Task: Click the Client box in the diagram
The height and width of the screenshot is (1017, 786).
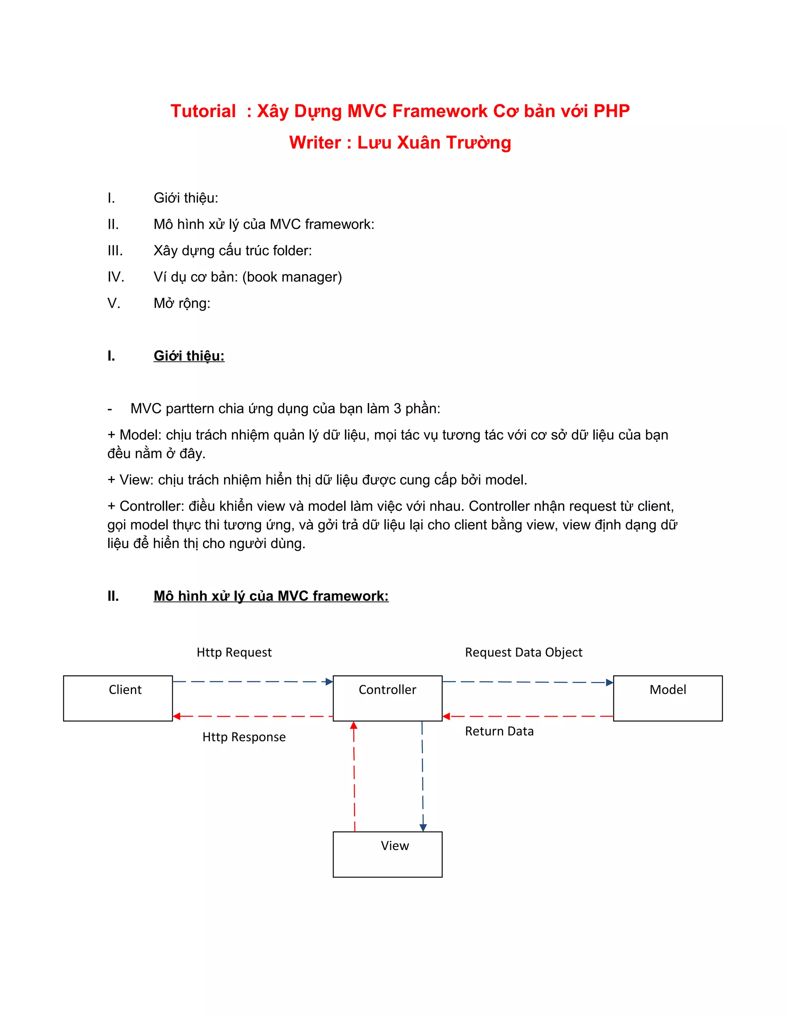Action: [x=118, y=698]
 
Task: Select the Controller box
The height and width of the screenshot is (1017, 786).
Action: [x=387, y=698]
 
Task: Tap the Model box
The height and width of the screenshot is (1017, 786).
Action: [x=668, y=698]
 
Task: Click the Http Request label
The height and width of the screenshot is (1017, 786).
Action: [x=234, y=652]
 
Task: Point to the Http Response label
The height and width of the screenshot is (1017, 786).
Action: [x=244, y=737]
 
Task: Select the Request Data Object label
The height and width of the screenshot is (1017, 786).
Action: [x=523, y=652]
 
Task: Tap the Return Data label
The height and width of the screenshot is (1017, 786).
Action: [x=499, y=731]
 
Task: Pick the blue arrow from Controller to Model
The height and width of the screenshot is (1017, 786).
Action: [x=528, y=682]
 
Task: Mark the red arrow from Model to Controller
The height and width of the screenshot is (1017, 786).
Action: [x=528, y=716]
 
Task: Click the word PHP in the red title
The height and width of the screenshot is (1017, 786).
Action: [x=611, y=111]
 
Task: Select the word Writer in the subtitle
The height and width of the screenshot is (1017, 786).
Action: [x=315, y=142]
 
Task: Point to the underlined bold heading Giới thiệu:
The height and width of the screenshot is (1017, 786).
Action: [x=189, y=356]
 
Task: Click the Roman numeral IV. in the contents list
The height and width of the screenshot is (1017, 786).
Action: [x=116, y=277]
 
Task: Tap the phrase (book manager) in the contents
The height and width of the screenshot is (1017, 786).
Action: [x=292, y=277]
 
